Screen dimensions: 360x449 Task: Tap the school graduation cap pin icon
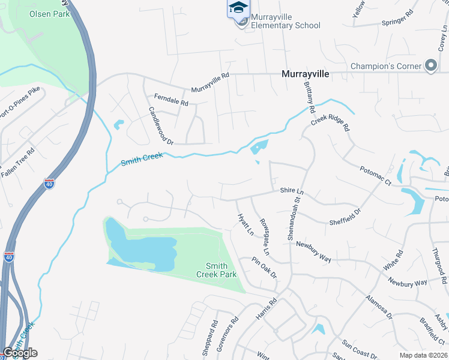(x=237, y=8)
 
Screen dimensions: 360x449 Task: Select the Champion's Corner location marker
(x=430, y=65)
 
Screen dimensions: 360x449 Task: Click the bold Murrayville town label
(x=306, y=74)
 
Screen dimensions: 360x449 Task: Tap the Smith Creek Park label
(x=217, y=270)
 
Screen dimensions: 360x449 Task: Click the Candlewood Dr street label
(x=160, y=126)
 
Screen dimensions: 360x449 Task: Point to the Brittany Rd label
(x=310, y=98)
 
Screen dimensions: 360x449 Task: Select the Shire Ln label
(x=293, y=190)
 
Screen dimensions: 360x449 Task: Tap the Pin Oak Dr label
(x=264, y=268)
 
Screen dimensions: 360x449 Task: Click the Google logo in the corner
(x=20, y=353)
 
